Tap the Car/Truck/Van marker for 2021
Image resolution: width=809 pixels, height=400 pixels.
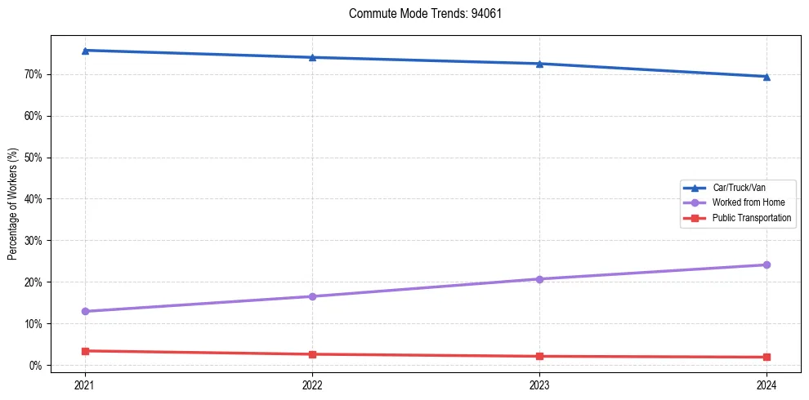tap(85, 51)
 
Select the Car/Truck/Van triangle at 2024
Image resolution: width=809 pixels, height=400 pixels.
tap(767, 77)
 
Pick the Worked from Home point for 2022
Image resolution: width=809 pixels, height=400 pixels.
tap(312, 296)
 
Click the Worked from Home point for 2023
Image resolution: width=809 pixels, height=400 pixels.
tap(539, 279)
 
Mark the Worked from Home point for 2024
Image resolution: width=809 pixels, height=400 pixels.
tap(767, 264)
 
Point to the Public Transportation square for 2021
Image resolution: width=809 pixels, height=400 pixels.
tap(85, 351)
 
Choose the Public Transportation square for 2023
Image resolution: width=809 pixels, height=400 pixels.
tap(539, 356)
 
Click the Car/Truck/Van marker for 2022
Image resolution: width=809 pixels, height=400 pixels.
tap(312, 57)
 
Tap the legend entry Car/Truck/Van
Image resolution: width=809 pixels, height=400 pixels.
tap(739, 187)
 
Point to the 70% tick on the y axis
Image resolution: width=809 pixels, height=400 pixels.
tap(35, 74)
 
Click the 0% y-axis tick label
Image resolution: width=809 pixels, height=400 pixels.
tap(38, 365)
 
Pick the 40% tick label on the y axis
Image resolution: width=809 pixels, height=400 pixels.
tap(35, 198)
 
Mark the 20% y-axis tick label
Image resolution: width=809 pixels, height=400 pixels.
tap(35, 282)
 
